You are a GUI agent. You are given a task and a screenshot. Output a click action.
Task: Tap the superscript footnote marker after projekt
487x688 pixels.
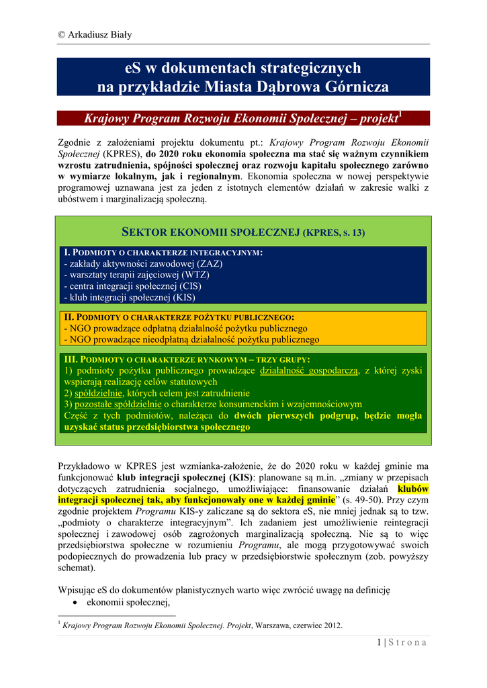pyautogui.click(x=401, y=114)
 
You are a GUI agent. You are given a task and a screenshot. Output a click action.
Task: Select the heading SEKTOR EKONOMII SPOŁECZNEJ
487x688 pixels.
pyautogui.click(x=210, y=232)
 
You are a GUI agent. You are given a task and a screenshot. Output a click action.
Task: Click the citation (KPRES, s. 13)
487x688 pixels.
pyautogui.click(x=335, y=233)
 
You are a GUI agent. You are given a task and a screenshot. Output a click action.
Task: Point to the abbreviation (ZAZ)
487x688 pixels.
pyautogui.click(x=210, y=264)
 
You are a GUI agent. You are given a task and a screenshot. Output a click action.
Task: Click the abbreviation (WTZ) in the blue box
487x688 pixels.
pyautogui.click(x=191, y=275)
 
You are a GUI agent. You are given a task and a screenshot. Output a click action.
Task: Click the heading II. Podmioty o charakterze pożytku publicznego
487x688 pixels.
pyautogui.click(x=179, y=317)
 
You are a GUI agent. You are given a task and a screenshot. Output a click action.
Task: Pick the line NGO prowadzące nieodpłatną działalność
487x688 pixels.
pyautogui.click(x=191, y=339)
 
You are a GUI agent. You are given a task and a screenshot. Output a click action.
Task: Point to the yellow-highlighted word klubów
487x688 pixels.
pyautogui.click(x=413, y=489)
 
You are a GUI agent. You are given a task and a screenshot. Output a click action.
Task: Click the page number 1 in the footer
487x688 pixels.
pyautogui.click(x=380, y=642)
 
